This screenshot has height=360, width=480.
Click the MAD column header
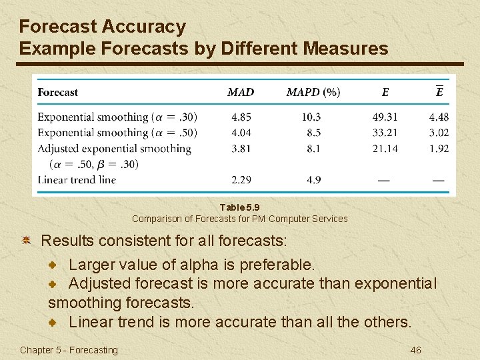click(x=241, y=93)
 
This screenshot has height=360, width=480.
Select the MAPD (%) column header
click(x=313, y=93)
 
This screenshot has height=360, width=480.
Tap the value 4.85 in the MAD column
click(x=241, y=117)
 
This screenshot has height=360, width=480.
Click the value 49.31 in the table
click(x=385, y=117)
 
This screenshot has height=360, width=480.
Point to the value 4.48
click(x=439, y=117)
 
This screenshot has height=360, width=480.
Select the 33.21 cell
click(x=385, y=133)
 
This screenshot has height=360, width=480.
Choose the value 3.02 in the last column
click(x=439, y=133)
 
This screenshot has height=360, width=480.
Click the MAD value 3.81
click(x=241, y=149)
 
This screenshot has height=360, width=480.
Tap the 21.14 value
click(x=385, y=149)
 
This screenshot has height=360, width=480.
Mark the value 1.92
click(x=439, y=149)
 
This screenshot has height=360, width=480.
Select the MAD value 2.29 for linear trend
click(x=241, y=179)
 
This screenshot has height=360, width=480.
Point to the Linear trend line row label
click(x=77, y=179)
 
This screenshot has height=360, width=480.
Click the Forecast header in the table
click(x=58, y=93)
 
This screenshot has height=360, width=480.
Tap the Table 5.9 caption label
click(x=239, y=208)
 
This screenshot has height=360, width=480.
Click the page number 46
click(x=415, y=350)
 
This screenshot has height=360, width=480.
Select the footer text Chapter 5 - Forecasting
click(x=69, y=350)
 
